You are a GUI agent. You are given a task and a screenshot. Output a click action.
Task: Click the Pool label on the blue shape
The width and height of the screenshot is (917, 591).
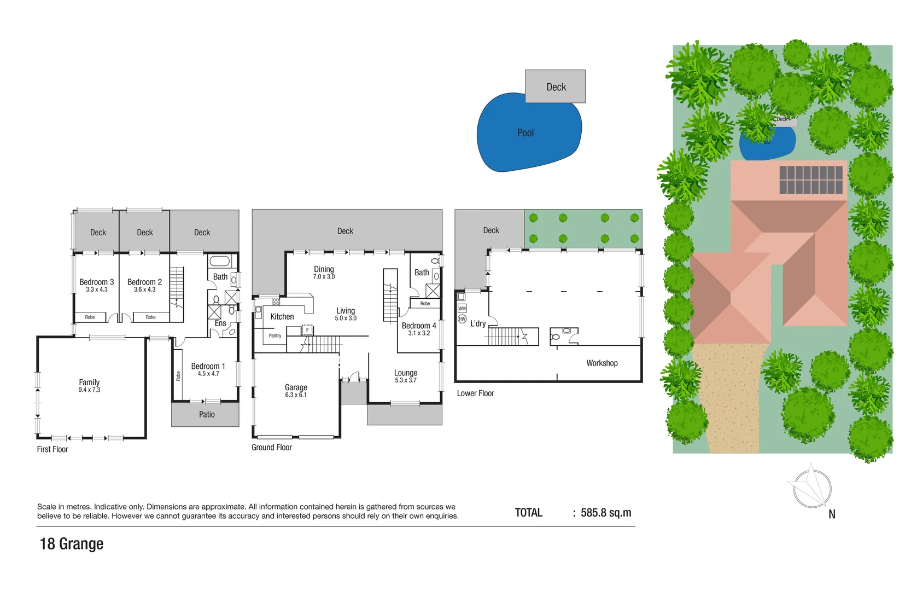click(525, 133)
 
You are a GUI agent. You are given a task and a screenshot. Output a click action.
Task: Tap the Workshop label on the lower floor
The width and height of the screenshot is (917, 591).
click(601, 363)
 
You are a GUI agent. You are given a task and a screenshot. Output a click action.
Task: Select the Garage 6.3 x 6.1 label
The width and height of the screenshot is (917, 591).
click(296, 390)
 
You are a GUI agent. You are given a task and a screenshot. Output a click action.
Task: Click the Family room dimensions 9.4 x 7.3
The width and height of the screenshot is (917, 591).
click(89, 390)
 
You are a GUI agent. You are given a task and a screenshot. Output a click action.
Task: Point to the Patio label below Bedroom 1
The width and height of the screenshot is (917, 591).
click(207, 415)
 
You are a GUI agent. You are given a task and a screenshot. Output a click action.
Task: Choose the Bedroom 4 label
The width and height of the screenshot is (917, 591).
click(419, 326)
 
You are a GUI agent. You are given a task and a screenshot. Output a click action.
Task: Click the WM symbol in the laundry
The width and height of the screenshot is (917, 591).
click(462, 309)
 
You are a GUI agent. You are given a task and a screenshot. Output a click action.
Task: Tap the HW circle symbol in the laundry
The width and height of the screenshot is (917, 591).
click(462, 319)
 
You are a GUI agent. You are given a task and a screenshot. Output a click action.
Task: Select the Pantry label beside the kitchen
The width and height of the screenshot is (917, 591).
click(275, 336)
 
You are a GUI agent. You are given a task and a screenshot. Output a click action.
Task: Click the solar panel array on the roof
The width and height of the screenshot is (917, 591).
click(811, 180)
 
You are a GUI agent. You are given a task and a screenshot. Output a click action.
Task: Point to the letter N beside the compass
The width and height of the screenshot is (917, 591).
click(832, 514)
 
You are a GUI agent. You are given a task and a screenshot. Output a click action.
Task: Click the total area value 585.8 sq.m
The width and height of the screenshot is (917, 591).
click(606, 513)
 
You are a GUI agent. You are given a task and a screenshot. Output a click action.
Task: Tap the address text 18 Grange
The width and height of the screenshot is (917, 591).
click(72, 544)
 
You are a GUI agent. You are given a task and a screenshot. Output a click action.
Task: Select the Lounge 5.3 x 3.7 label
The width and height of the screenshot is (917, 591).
click(405, 376)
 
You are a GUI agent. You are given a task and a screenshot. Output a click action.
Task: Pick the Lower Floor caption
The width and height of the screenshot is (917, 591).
click(475, 393)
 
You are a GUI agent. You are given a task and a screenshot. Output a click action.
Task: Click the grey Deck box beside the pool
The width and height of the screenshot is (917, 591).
click(556, 86)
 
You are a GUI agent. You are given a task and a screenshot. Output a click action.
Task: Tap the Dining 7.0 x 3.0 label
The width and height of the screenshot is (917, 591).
click(324, 272)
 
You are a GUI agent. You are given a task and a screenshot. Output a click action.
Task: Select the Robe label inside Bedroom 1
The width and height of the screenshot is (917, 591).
click(178, 376)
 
